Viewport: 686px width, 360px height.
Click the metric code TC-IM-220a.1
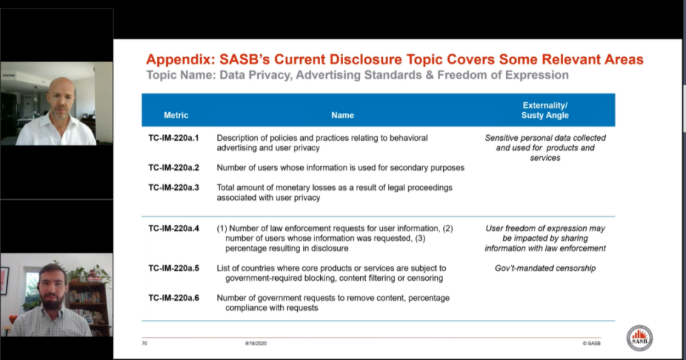click(x=174, y=138)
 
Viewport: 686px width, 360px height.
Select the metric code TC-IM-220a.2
click(x=174, y=168)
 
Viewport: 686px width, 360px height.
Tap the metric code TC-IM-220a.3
click(x=174, y=187)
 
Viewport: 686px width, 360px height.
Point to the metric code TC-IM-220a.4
click(x=174, y=229)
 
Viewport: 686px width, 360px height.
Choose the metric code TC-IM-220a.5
click(x=174, y=268)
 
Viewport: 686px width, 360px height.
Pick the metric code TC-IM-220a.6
click(x=174, y=298)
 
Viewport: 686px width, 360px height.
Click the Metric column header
click(x=176, y=115)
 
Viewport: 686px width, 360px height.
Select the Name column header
click(x=342, y=115)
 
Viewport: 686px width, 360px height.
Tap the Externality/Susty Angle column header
click(x=545, y=110)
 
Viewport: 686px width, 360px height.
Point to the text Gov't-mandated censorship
click(x=545, y=268)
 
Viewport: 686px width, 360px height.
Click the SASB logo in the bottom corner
click(x=639, y=338)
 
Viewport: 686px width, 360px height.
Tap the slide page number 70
click(x=144, y=343)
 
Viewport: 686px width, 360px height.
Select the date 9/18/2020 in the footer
click(x=255, y=343)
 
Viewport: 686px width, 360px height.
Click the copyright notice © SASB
click(x=591, y=343)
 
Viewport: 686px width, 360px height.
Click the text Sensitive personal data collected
click(x=545, y=138)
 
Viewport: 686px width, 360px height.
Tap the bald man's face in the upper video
click(x=61, y=99)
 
